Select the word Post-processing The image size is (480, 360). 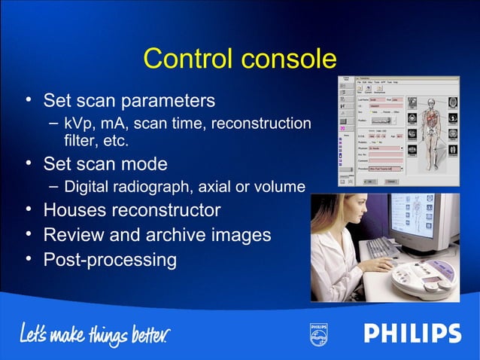point(110,260)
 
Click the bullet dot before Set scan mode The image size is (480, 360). point(28,163)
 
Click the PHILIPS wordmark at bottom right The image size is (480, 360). point(412,333)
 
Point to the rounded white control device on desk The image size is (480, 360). point(425,278)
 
